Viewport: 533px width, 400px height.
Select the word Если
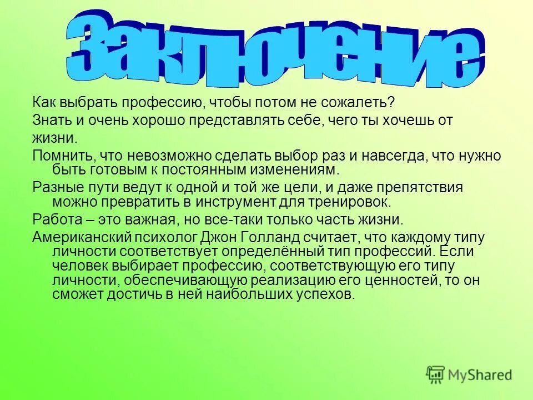[459, 252]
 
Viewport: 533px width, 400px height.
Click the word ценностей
[395, 281]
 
